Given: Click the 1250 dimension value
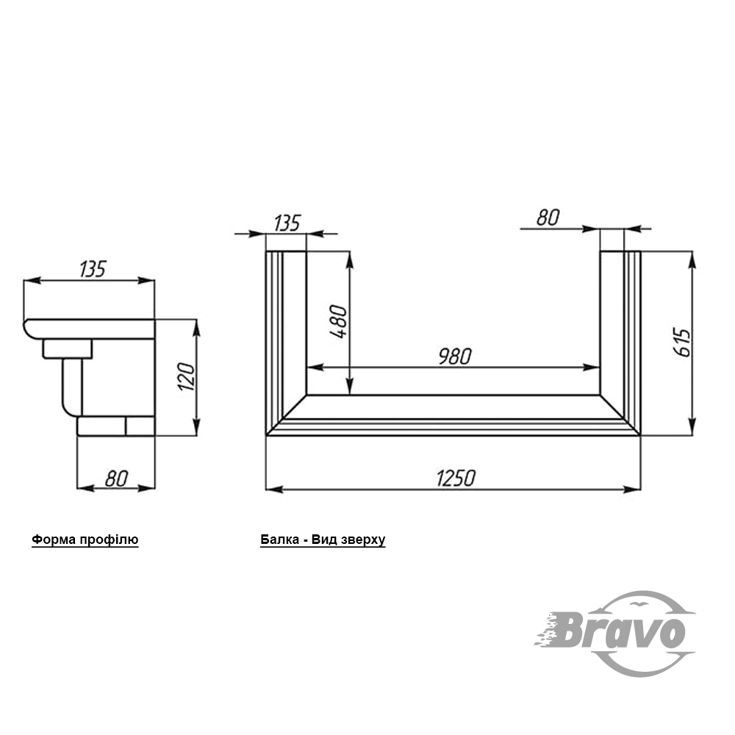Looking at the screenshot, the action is point(456,478).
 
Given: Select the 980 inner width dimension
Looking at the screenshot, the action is point(455,356).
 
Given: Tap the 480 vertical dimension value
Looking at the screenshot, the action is point(338,322).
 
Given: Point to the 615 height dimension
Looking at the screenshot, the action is point(683,343).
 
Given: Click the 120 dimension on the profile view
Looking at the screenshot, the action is point(187,376).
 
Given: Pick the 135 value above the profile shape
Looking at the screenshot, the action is point(93,269).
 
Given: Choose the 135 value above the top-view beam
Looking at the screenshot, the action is point(286,223).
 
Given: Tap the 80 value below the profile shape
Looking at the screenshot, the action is point(116,478).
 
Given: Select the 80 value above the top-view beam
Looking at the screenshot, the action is point(548,218).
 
